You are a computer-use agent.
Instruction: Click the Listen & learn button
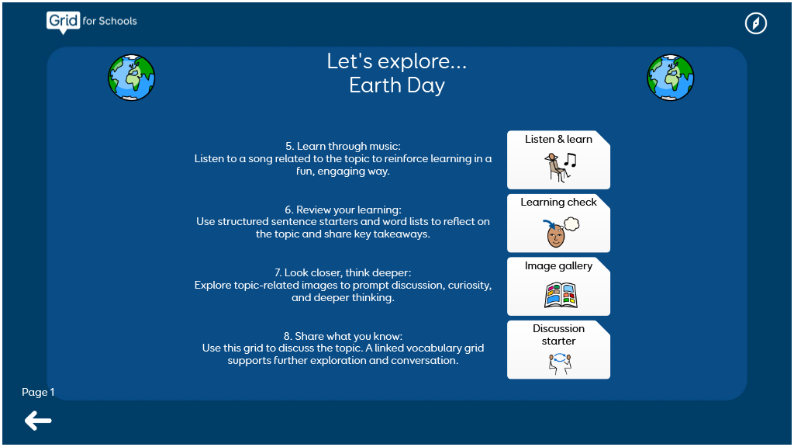558,160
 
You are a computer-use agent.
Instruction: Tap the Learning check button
558,223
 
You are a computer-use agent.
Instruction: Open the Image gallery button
558,286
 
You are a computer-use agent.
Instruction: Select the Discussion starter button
558,350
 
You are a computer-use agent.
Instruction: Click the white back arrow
38,421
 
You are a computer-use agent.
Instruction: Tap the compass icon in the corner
755,23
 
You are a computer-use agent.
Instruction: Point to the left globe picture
132,78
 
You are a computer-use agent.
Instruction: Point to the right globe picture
671,78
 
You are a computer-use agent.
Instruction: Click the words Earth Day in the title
397,85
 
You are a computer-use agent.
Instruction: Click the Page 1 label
38,392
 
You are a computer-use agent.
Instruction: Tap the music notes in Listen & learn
571,160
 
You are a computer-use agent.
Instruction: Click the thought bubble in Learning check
571,223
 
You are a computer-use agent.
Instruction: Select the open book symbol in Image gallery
561,296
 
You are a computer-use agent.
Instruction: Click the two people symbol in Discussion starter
560,363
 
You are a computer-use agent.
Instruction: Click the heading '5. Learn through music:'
343,146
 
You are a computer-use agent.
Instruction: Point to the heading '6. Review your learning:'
343,210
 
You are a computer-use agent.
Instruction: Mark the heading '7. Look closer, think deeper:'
343,272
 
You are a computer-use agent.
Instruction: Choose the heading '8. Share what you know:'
343,336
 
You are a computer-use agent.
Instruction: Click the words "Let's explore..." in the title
397,61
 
